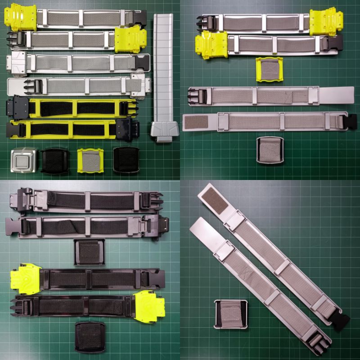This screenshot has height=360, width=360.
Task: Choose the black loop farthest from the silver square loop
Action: pos(126,160)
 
